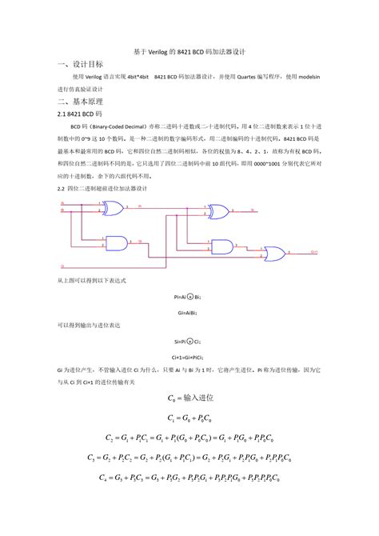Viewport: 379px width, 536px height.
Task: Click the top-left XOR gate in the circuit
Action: pos(110,209)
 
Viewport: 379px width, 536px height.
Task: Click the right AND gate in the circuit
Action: pos(222,246)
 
